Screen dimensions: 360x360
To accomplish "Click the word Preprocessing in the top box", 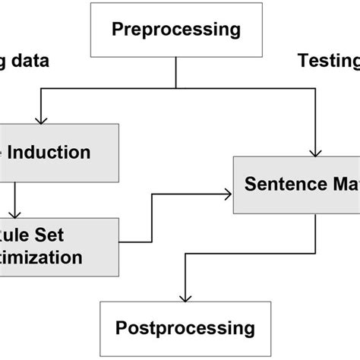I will coord(176,30).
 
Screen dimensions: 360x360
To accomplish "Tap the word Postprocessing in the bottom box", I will coord(185,328).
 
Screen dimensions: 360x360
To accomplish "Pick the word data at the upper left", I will coord(27,62).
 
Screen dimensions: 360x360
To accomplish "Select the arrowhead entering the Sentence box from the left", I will coord(227,193).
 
